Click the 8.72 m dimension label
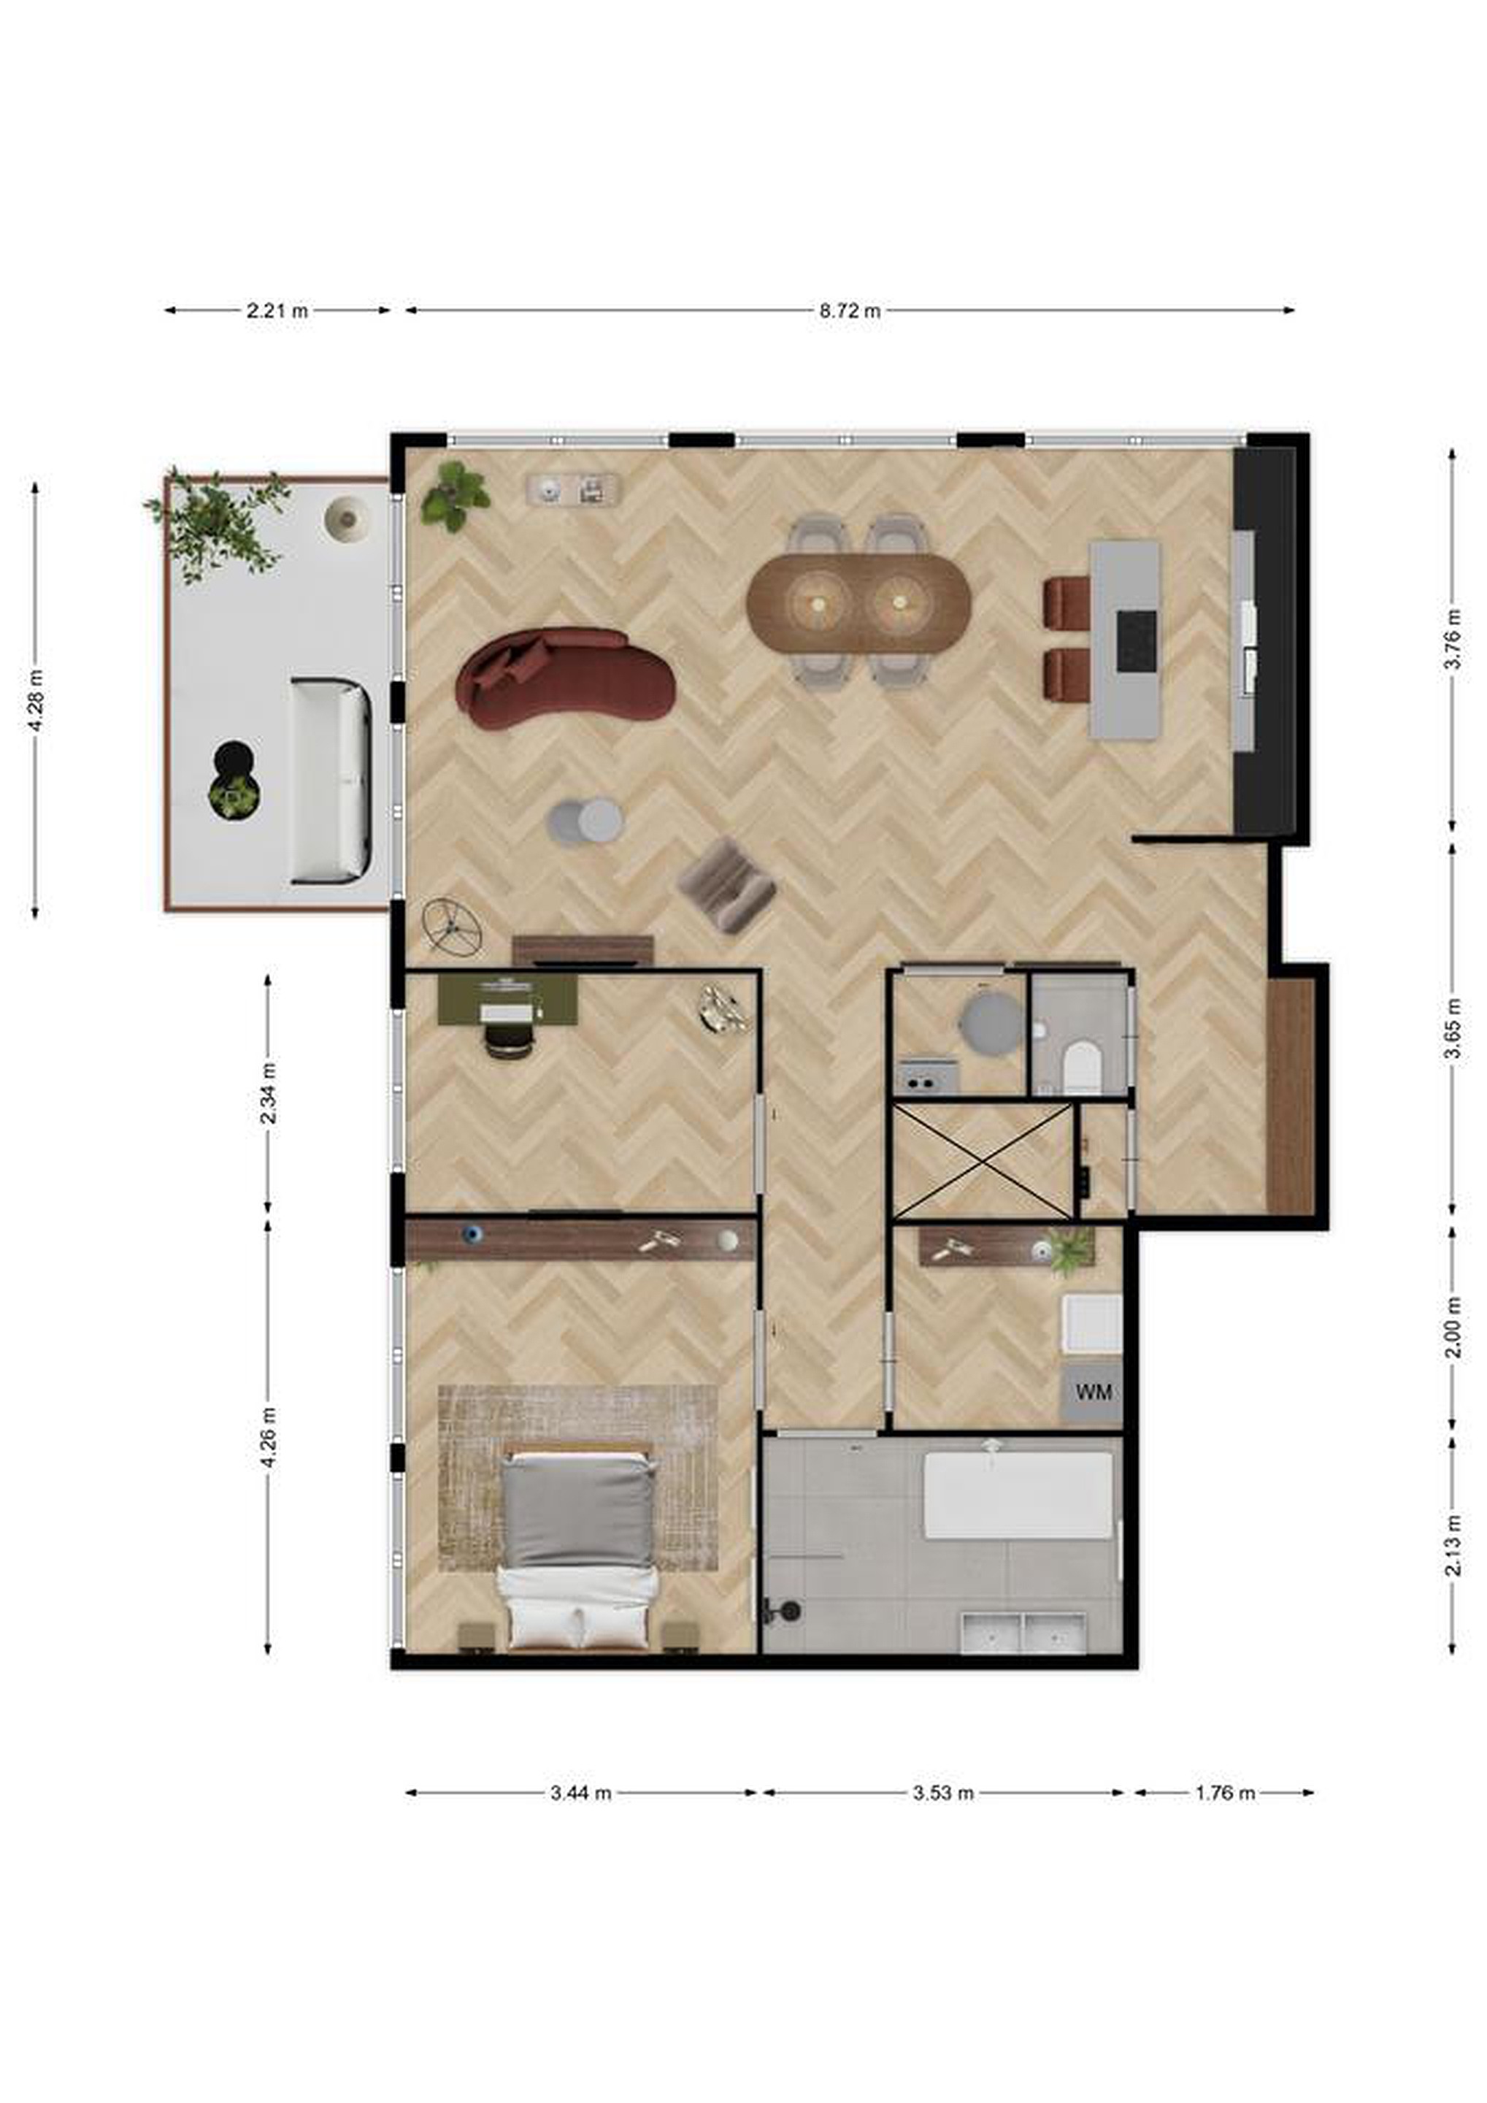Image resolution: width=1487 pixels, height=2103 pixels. click(850, 310)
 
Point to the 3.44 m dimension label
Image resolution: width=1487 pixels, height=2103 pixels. click(580, 1793)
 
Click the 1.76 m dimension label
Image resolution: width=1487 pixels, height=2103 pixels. click(1225, 1793)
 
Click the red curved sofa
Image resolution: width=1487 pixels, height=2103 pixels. click(565, 677)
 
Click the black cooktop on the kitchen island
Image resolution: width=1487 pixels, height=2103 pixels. click(1135, 641)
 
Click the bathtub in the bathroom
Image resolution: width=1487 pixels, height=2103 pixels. click(1019, 1495)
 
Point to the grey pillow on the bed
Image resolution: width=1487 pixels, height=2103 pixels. click(579, 1512)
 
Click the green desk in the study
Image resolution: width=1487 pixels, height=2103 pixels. click(507, 1000)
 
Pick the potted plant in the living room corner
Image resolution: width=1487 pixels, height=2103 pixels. click(455, 497)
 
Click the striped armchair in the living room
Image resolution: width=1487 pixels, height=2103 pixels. click(726, 885)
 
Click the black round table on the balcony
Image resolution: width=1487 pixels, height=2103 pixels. click(233, 759)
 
